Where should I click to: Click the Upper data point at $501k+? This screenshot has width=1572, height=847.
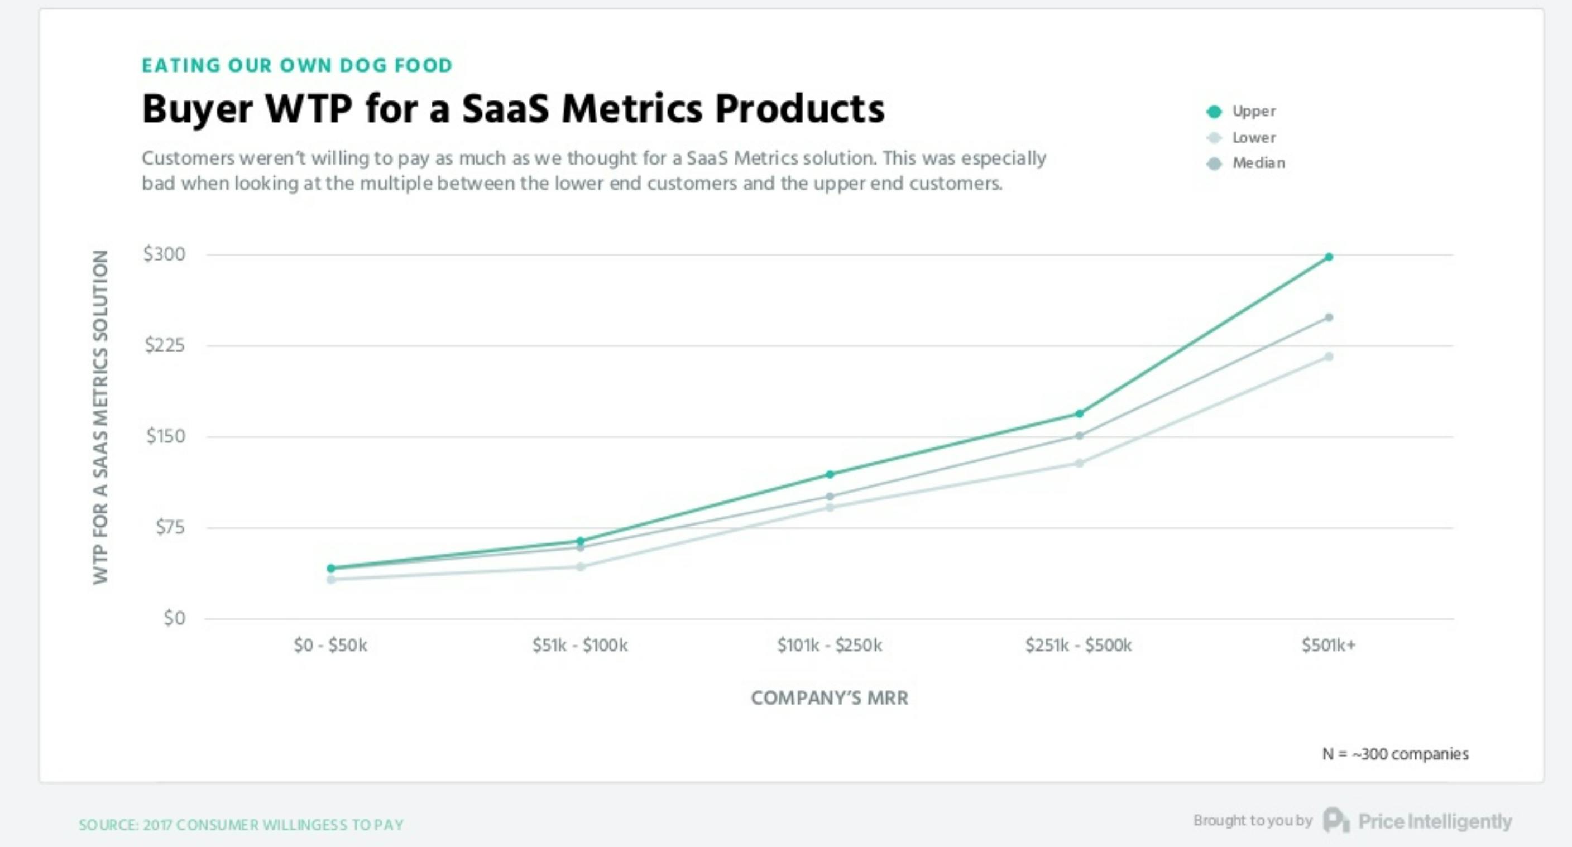click(x=1329, y=257)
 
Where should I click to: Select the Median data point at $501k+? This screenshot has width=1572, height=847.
click(x=1329, y=317)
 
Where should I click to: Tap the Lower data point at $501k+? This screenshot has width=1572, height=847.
click(x=1329, y=357)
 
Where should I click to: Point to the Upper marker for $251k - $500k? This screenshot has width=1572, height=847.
click(x=1079, y=414)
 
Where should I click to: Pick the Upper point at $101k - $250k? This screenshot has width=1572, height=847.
click(x=830, y=474)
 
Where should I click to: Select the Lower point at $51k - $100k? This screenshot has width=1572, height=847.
click(x=581, y=567)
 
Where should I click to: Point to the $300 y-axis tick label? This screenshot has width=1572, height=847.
click(x=164, y=254)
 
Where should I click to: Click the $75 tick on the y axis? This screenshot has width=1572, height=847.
click(x=170, y=527)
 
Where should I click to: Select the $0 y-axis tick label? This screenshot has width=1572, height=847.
click(x=174, y=618)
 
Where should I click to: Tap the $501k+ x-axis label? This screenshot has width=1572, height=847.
click(x=1329, y=645)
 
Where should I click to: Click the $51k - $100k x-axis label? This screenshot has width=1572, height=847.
click(x=580, y=645)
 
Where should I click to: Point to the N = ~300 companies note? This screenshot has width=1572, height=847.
click(x=1395, y=754)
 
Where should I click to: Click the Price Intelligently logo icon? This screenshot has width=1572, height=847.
click(x=1336, y=820)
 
